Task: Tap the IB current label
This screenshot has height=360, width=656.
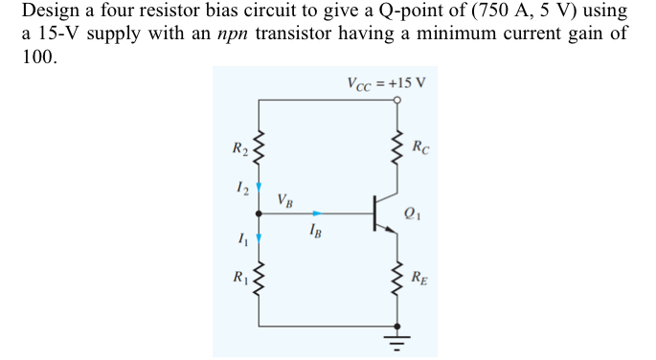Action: coord(316,230)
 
